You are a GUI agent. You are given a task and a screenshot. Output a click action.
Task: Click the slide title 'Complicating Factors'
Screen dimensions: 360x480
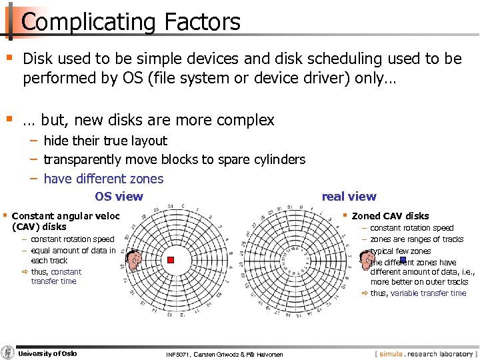pos(131,22)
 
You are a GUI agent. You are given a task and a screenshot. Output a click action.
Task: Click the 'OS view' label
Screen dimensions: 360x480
pos(119,196)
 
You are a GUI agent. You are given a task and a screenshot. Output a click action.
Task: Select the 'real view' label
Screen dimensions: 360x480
pos(349,196)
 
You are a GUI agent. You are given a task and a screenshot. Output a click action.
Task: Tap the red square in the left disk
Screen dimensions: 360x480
pos(171,260)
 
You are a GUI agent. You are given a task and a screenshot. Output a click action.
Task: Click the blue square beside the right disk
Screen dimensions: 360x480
pos(403,260)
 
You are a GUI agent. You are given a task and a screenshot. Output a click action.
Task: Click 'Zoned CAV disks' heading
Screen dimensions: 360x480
pos(390,216)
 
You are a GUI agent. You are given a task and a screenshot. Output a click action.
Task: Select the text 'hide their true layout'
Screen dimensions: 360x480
pos(105,141)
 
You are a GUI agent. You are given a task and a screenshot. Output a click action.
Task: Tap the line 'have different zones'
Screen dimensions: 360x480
pos(103,179)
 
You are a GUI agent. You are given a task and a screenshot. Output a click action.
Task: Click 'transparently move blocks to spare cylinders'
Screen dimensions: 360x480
pos(174,159)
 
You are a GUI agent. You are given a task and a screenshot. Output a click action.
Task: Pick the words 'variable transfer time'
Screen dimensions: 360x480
pos(428,293)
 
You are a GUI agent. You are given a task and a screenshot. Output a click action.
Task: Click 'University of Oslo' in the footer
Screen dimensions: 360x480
pos(47,353)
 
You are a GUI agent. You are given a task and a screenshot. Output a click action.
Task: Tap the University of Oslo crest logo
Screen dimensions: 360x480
pos(8,353)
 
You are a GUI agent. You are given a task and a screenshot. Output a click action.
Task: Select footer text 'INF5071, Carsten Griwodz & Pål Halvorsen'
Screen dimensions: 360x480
pos(224,354)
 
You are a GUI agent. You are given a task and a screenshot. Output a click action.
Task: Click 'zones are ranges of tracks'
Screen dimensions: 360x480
pos(417,239)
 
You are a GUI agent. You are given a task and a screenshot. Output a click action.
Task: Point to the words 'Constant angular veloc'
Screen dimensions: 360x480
pos(66,216)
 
